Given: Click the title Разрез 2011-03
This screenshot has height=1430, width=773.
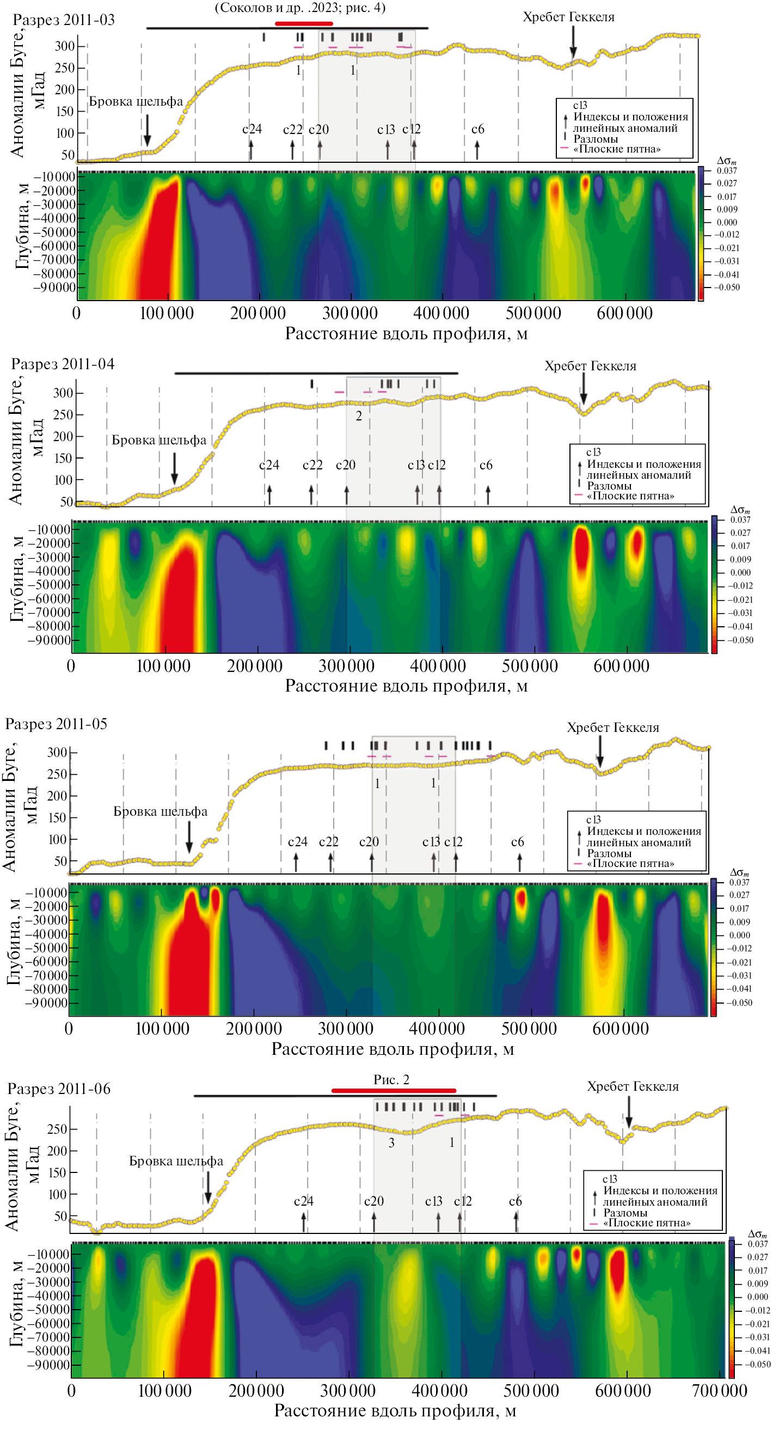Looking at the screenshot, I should (x=63, y=20).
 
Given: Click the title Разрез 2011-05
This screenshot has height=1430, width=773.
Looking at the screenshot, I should (x=56, y=724).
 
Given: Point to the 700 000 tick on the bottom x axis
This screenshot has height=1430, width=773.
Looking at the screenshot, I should (x=719, y=1391).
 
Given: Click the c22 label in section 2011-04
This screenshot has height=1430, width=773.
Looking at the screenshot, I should (x=312, y=465).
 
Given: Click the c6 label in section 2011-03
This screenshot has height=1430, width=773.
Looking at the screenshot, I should (x=478, y=130).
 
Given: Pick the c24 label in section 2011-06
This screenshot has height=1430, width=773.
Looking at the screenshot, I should (x=304, y=1201).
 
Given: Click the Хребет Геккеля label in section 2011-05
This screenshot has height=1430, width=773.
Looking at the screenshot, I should (x=612, y=728).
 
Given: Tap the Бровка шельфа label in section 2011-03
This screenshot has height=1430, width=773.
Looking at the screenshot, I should (x=136, y=102).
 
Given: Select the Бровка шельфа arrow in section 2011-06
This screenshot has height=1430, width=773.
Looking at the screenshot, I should (x=208, y=1187).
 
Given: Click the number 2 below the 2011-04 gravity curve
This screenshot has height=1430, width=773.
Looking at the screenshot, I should (x=359, y=416).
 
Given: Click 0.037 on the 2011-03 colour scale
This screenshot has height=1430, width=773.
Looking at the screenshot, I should (x=726, y=171).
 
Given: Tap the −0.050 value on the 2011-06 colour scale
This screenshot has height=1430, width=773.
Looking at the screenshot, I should (x=757, y=1364).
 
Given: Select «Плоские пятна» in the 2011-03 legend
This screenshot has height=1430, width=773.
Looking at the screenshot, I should (x=617, y=149).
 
